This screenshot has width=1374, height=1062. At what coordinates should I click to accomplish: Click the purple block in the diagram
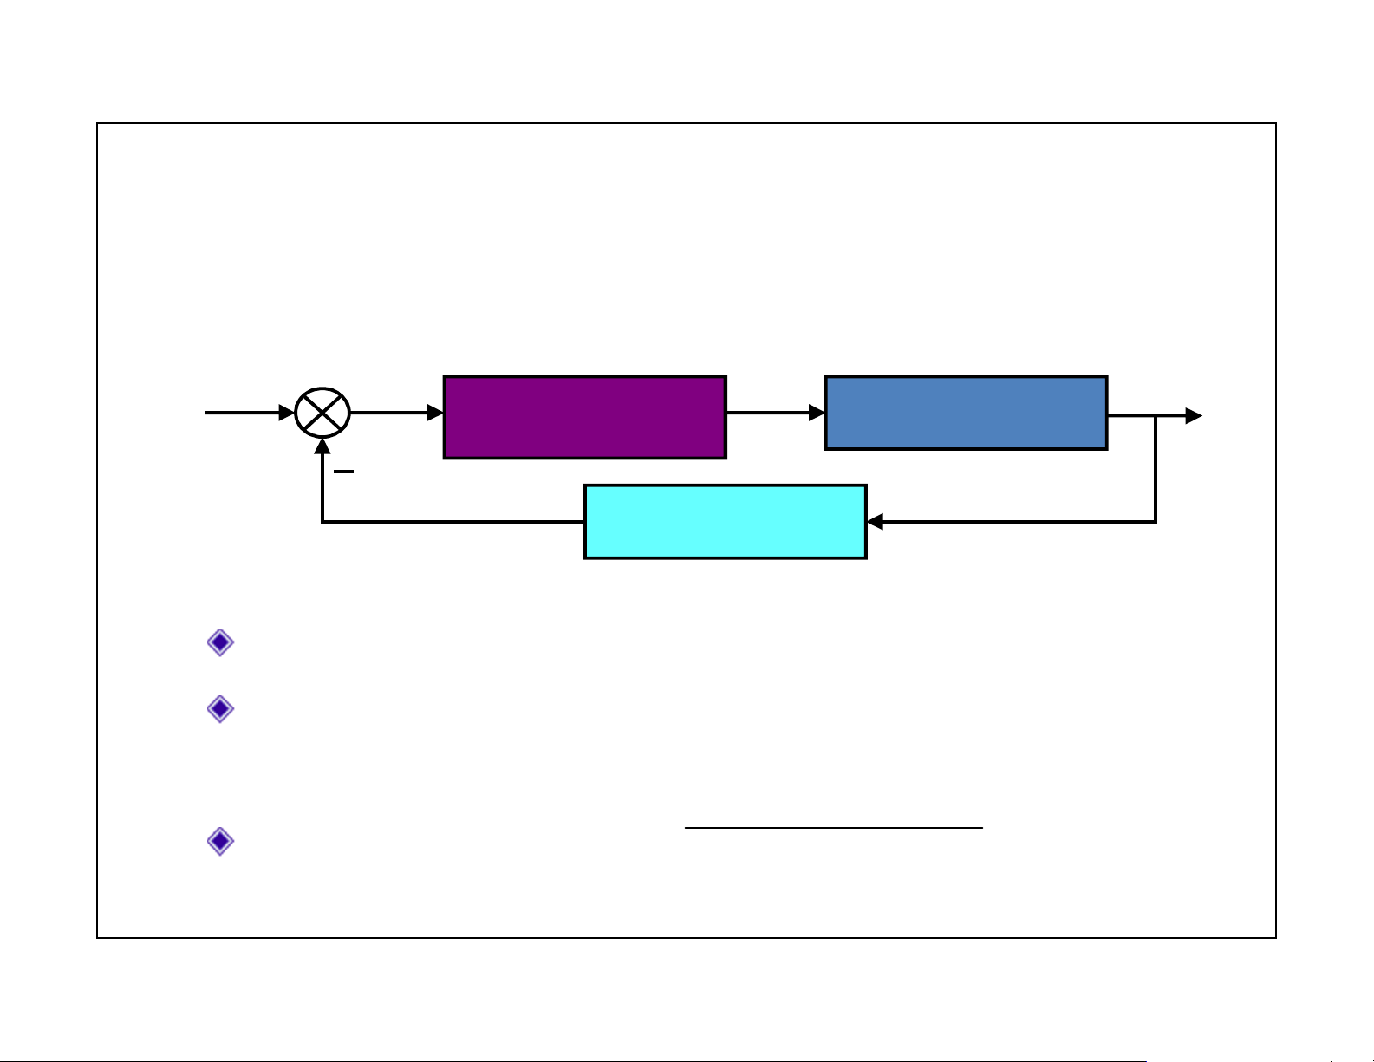pyautogui.click(x=584, y=417)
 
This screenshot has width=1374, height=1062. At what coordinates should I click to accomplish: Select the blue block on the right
pyautogui.click(x=966, y=413)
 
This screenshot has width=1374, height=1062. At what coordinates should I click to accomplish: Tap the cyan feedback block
pyautogui.click(x=725, y=522)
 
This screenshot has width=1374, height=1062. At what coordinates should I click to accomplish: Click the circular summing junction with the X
pyautogui.click(x=322, y=414)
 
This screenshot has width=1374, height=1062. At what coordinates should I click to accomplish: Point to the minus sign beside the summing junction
pyautogui.click(x=343, y=472)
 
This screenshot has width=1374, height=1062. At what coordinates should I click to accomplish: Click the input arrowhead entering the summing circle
pyautogui.click(x=286, y=414)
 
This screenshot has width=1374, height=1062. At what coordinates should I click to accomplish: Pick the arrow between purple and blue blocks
pyautogui.click(x=775, y=414)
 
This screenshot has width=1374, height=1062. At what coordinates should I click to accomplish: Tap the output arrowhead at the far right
pyautogui.click(x=1194, y=416)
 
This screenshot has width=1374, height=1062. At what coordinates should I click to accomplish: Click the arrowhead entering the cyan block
pyautogui.click(x=876, y=522)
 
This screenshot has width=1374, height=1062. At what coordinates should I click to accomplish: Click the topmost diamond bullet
pyautogui.click(x=221, y=642)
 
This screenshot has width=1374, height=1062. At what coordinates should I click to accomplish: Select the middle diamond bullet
pyautogui.click(x=221, y=709)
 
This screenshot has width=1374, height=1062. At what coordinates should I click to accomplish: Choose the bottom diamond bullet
pyautogui.click(x=221, y=841)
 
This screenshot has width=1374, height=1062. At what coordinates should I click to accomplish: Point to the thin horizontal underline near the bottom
pyautogui.click(x=833, y=828)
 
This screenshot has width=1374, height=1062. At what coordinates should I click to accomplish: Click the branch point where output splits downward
pyautogui.click(x=1156, y=416)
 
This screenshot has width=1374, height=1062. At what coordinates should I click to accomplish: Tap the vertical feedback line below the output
pyautogui.click(x=1156, y=468)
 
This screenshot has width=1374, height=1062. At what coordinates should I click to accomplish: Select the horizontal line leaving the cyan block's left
pyautogui.click(x=451, y=522)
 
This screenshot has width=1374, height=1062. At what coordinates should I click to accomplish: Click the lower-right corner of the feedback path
pyautogui.click(x=1156, y=522)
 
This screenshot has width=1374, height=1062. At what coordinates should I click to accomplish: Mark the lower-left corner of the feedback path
pyautogui.click(x=322, y=522)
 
